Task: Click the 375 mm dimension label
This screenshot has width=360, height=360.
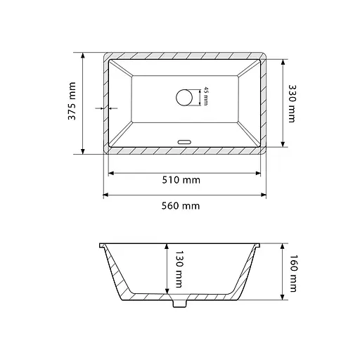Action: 72,101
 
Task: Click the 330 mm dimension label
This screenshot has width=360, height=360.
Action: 292,103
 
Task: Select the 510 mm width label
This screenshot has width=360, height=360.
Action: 181,180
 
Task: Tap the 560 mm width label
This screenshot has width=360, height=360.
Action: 181,206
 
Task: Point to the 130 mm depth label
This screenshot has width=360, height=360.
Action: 179,269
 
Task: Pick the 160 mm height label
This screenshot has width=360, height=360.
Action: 293,274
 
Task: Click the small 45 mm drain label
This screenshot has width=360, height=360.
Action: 205,96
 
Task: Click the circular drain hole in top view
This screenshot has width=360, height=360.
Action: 184,98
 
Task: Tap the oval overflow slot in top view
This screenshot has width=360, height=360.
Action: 184,142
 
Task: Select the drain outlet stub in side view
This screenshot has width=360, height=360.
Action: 180,303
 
